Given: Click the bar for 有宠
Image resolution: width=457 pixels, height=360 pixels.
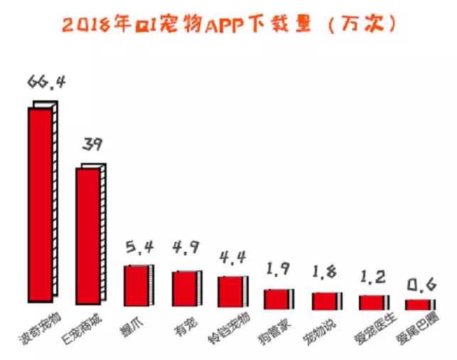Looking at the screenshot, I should click(185, 288).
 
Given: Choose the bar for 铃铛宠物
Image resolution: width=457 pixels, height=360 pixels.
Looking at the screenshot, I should click(232, 291).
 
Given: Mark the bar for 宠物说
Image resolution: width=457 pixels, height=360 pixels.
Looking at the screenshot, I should click(326, 300).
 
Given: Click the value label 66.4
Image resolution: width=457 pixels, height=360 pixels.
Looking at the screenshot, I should click(46, 83).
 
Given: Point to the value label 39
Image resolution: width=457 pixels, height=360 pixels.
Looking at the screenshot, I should click(92, 145).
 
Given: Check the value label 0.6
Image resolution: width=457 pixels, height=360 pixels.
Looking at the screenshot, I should click(420, 285).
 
